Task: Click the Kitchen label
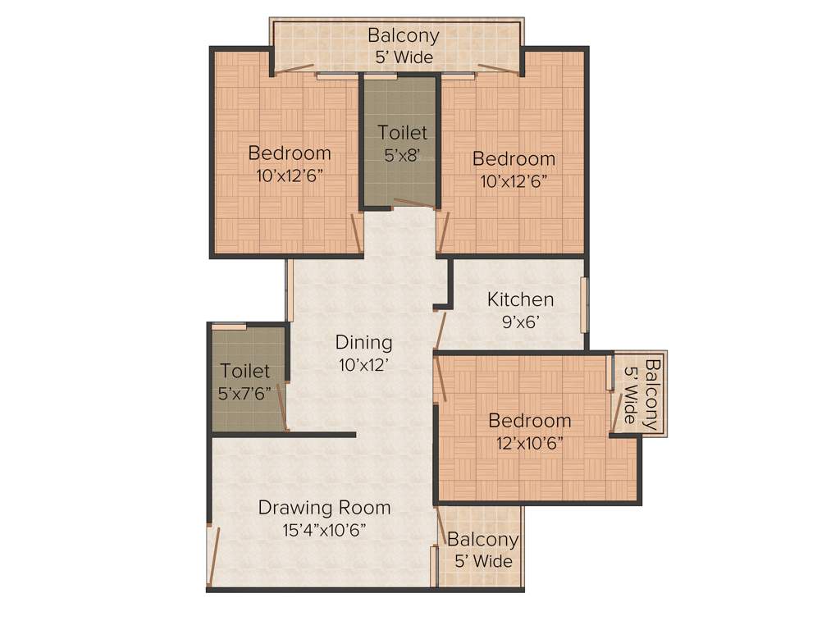coord(520,299)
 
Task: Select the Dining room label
coord(363,342)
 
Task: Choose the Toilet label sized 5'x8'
coord(402,132)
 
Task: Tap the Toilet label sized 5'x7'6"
coord(244,372)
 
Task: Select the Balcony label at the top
coord(402,36)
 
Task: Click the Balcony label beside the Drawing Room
coord(482,540)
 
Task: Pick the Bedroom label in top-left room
coord(290,153)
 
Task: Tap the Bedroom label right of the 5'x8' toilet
coord(514,159)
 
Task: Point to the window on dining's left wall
coord(289,290)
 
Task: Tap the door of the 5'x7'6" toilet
coord(282,406)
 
